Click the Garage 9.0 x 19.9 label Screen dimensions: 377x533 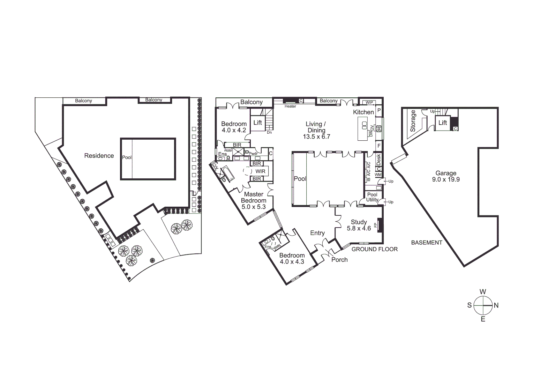point(445,176)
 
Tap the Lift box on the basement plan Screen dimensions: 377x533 point(442,123)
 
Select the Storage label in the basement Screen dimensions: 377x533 point(413,121)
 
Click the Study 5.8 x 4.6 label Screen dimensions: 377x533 point(359,225)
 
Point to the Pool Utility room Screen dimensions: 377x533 point(372,197)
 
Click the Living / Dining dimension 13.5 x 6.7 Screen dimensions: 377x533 point(316,136)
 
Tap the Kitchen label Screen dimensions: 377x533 point(363,112)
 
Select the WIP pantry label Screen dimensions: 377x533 point(369,103)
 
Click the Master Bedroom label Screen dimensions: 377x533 point(254,197)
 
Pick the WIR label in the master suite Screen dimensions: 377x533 point(260,171)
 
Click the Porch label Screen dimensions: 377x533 point(339,260)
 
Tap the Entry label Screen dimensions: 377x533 point(317,233)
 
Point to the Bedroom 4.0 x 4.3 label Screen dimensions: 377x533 point(292,258)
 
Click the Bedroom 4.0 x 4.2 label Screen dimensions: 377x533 point(234,127)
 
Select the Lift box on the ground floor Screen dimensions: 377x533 point(257,123)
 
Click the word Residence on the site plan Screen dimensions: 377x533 point(99,156)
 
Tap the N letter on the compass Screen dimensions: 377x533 point(496,305)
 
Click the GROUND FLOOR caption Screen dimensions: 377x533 point(374,249)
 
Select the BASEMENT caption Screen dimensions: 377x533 point(427,243)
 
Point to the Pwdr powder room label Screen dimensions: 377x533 point(253,153)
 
